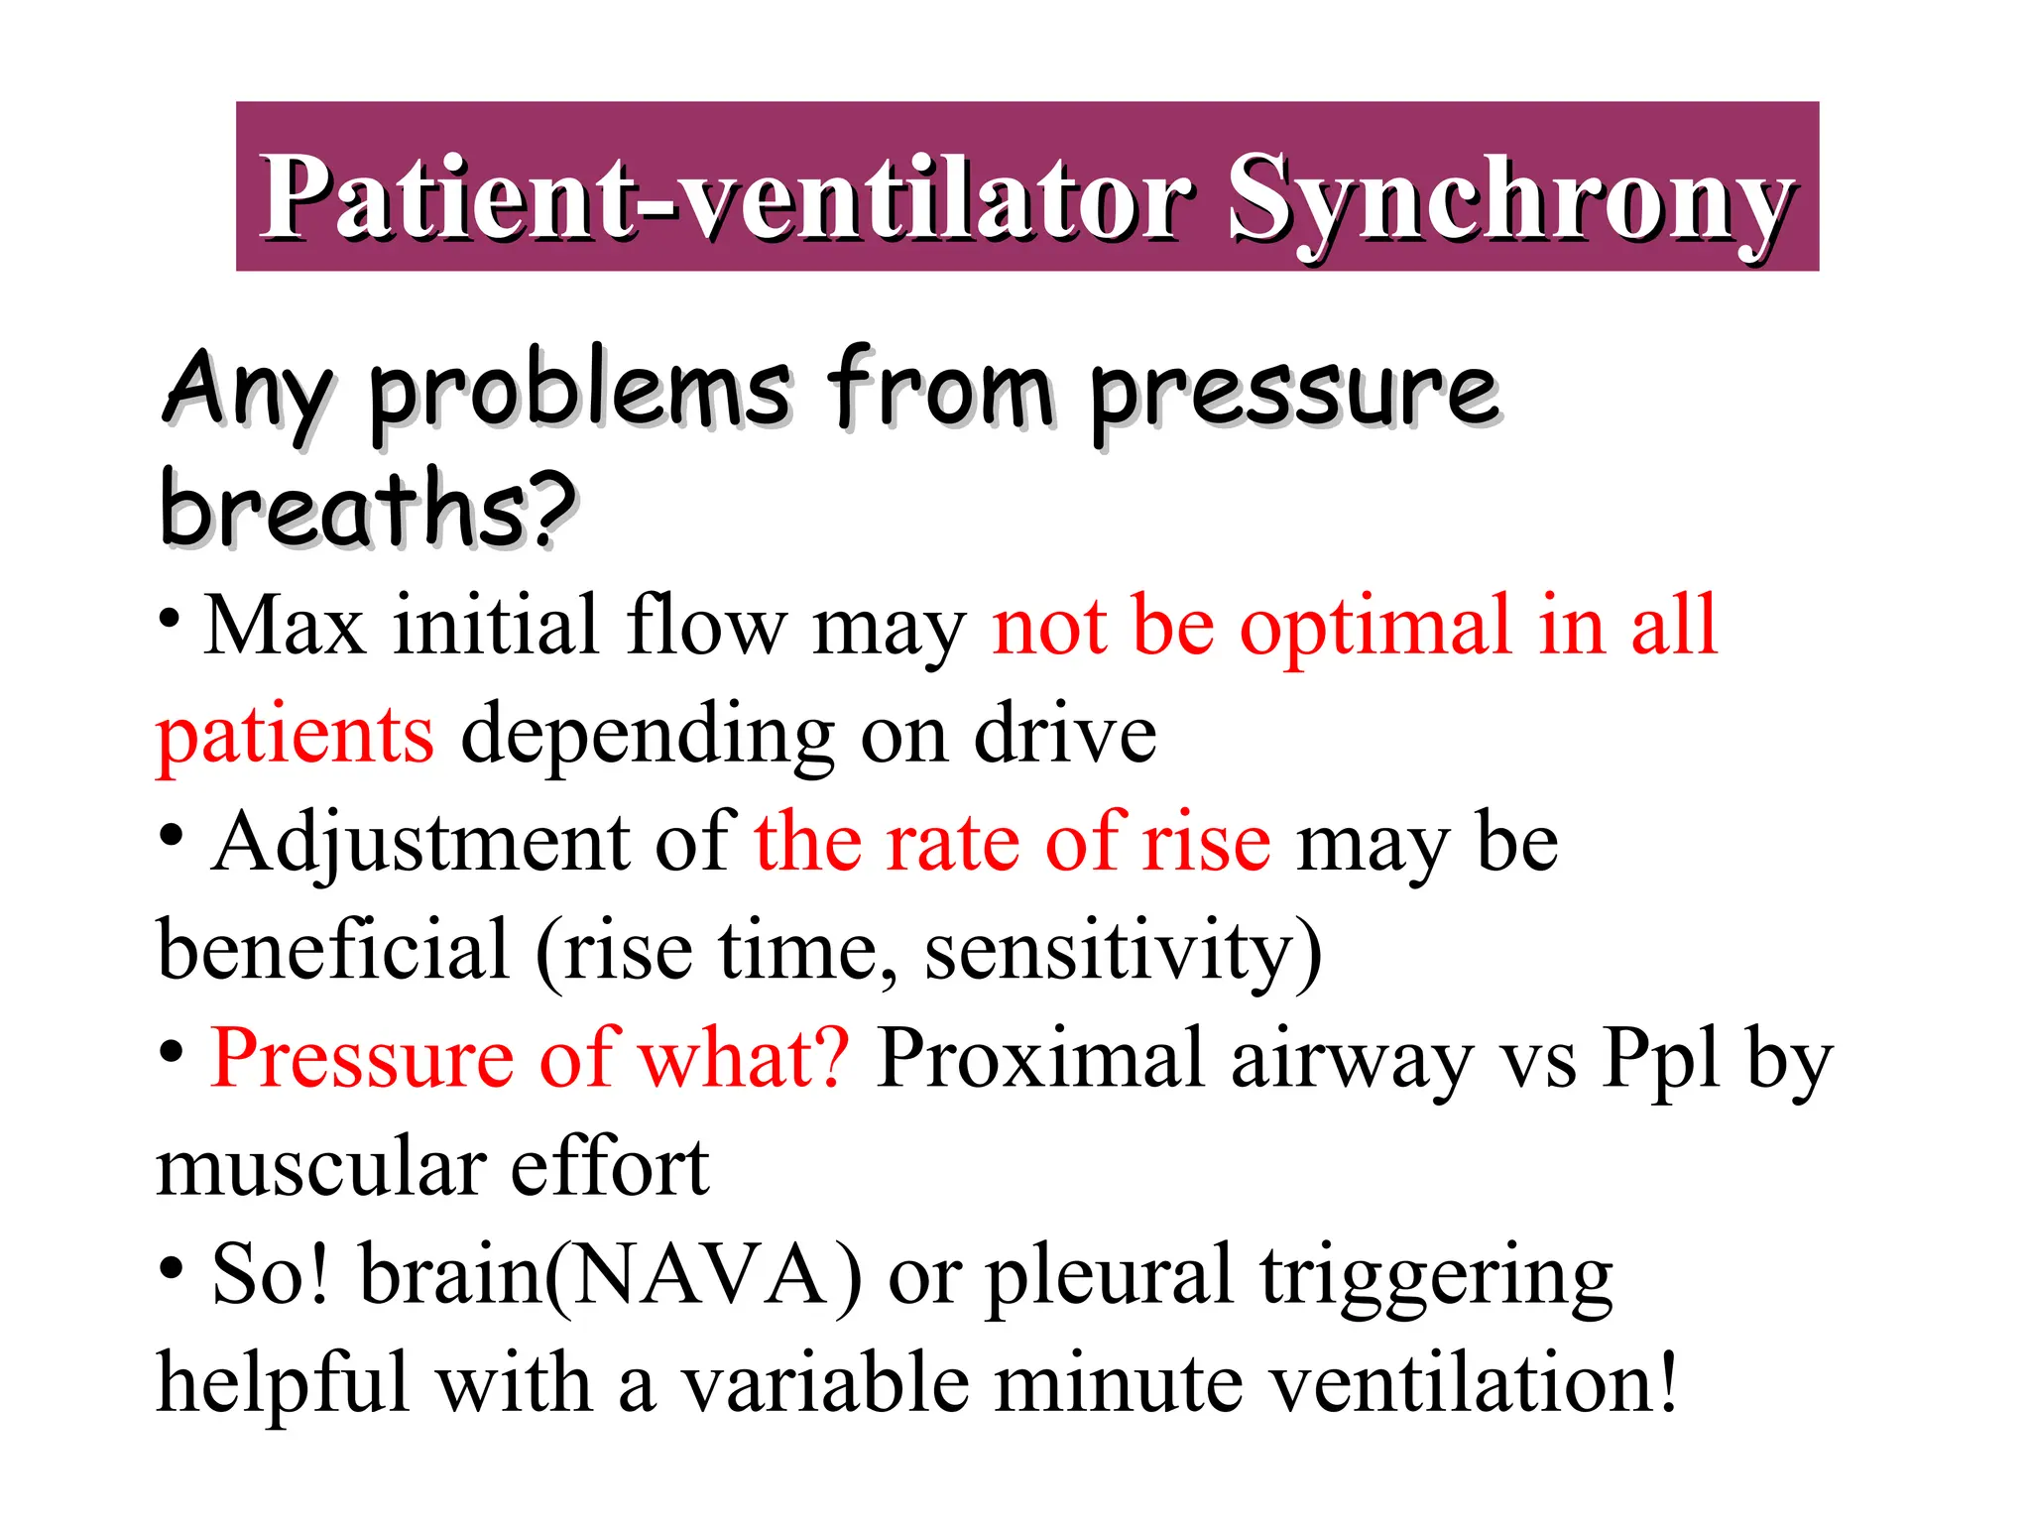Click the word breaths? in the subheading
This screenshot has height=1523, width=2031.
[367, 508]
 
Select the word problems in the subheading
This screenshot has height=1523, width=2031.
[580, 392]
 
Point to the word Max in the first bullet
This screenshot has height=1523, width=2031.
[285, 627]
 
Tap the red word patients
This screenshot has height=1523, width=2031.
[296, 736]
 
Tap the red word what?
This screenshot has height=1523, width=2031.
[744, 1059]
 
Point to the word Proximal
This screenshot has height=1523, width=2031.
[1040, 1059]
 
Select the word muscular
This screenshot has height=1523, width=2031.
[319, 1168]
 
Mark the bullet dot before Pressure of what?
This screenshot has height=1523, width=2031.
[172, 1051]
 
